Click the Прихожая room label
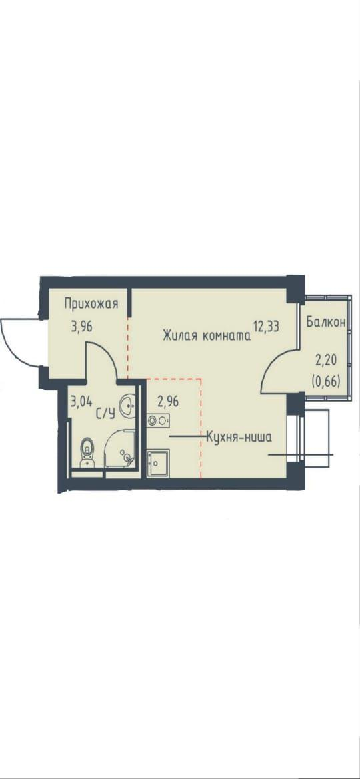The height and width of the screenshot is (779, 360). (x=92, y=304)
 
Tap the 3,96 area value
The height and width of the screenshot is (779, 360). (x=82, y=328)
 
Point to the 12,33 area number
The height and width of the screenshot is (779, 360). (x=266, y=327)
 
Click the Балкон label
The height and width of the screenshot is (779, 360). (x=326, y=322)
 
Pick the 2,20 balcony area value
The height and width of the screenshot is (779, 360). (x=326, y=358)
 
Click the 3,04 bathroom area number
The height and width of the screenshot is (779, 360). (x=81, y=401)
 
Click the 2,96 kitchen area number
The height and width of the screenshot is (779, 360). (x=167, y=401)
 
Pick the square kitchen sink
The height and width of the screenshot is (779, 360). (x=158, y=462)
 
